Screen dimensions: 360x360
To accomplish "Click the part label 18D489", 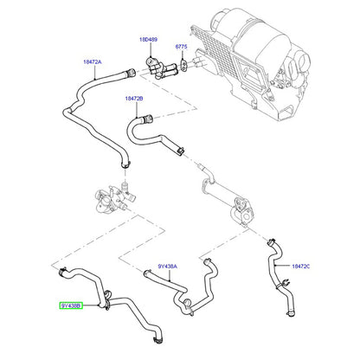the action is (149, 40).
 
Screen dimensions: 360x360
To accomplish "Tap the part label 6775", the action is (182, 47).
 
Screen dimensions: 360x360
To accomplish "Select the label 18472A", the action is (93, 61).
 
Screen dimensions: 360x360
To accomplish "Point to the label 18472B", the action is (134, 99).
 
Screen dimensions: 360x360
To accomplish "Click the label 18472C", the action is (301, 267).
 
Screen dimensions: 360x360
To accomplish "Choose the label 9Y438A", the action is (168, 267).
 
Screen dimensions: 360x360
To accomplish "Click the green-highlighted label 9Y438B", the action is (71, 305).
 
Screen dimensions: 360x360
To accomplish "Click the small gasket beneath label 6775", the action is (183, 64).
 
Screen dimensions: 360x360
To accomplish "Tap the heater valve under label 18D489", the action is (158, 68).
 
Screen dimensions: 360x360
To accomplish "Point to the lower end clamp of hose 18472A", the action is (125, 165).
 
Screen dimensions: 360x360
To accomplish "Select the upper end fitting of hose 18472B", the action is (147, 119).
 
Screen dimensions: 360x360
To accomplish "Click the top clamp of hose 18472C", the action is (271, 242).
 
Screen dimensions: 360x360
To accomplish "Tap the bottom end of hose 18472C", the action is (292, 313).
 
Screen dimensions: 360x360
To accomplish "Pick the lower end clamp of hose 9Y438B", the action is (157, 340).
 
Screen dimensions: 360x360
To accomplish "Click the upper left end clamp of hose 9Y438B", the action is (62, 272).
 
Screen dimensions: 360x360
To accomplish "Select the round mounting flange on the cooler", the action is (240, 204).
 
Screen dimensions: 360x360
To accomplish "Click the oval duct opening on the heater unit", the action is (304, 60).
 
